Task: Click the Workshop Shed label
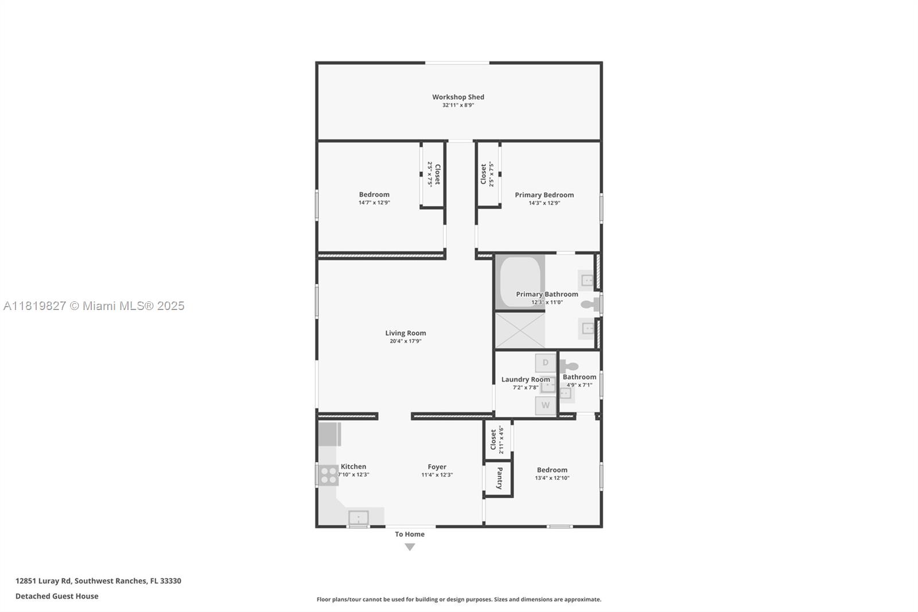[x=458, y=97]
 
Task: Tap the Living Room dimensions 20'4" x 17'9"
[x=406, y=341]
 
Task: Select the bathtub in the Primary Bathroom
[x=520, y=282]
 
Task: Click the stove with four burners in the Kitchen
[x=329, y=475]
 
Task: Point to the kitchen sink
[x=359, y=517]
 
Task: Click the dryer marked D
[x=546, y=363]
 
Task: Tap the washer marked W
[x=546, y=405]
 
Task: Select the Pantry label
[x=499, y=478]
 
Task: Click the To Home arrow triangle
[x=410, y=547]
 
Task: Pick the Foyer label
[x=437, y=467]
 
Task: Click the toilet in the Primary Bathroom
[x=590, y=304]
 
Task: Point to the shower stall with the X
[x=520, y=330]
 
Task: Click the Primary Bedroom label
[x=544, y=195]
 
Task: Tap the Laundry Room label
[x=525, y=379]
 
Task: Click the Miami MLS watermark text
[x=94, y=306]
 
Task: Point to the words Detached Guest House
[x=57, y=596]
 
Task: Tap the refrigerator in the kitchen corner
[x=329, y=434]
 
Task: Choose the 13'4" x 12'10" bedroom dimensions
[x=552, y=478]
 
